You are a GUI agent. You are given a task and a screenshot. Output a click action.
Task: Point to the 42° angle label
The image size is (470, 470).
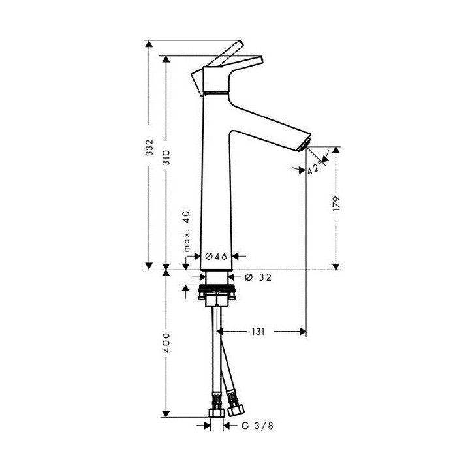(x=315, y=168)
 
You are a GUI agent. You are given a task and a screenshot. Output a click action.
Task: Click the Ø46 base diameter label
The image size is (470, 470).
(x=215, y=257)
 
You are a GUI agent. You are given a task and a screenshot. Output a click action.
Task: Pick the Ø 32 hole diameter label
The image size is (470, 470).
(x=258, y=277)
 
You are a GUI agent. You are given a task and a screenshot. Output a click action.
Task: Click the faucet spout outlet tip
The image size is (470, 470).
(x=306, y=145)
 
